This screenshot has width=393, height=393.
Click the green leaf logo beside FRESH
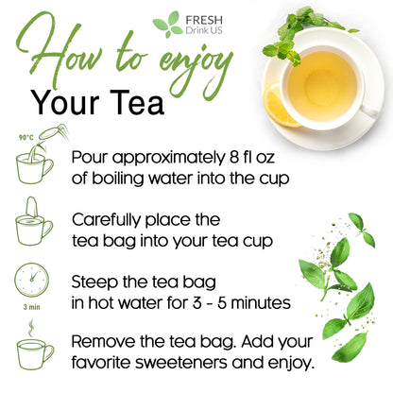(x=166, y=24)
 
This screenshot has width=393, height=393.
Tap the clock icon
(x=33, y=280)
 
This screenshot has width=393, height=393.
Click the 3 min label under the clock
(x=33, y=306)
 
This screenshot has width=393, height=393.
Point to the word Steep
(x=97, y=281)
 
